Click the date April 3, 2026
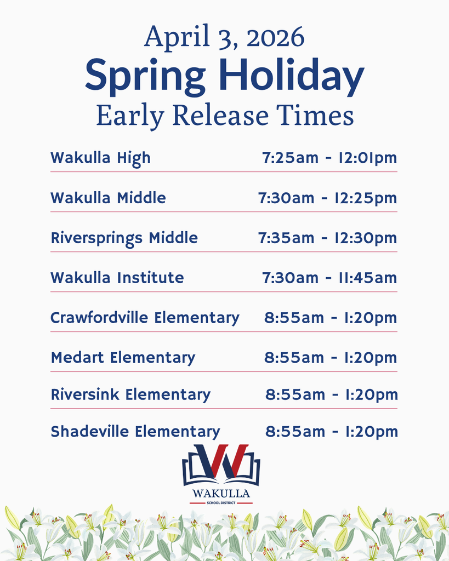pyautogui.click(x=224, y=37)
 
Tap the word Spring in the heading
pyautogui.click(x=146, y=76)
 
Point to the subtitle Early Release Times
pyautogui.click(x=224, y=116)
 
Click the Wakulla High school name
pyautogui.click(x=100, y=158)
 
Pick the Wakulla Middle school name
pyautogui.click(x=108, y=198)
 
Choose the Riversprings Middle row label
pyautogui.click(x=124, y=238)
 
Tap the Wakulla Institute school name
pyautogui.click(x=117, y=278)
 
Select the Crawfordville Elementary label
pyautogui.click(x=145, y=318)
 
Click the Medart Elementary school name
pyautogui.click(x=123, y=358)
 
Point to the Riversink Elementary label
pyautogui.click(x=130, y=394)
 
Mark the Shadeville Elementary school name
pyautogui.click(x=135, y=432)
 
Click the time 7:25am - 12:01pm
pyautogui.click(x=329, y=158)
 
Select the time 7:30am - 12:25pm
pyautogui.click(x=327, y=198)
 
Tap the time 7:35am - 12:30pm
pyautogui.click(x=327, y=238)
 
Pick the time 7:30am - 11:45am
pyautogui.click(x=329, y=278)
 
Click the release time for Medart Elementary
pyautogui.click(x=330, y=358)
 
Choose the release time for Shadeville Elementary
pyautogui.click(x=331, y=432)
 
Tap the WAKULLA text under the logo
pyautogui.click(x=221, y=494)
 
